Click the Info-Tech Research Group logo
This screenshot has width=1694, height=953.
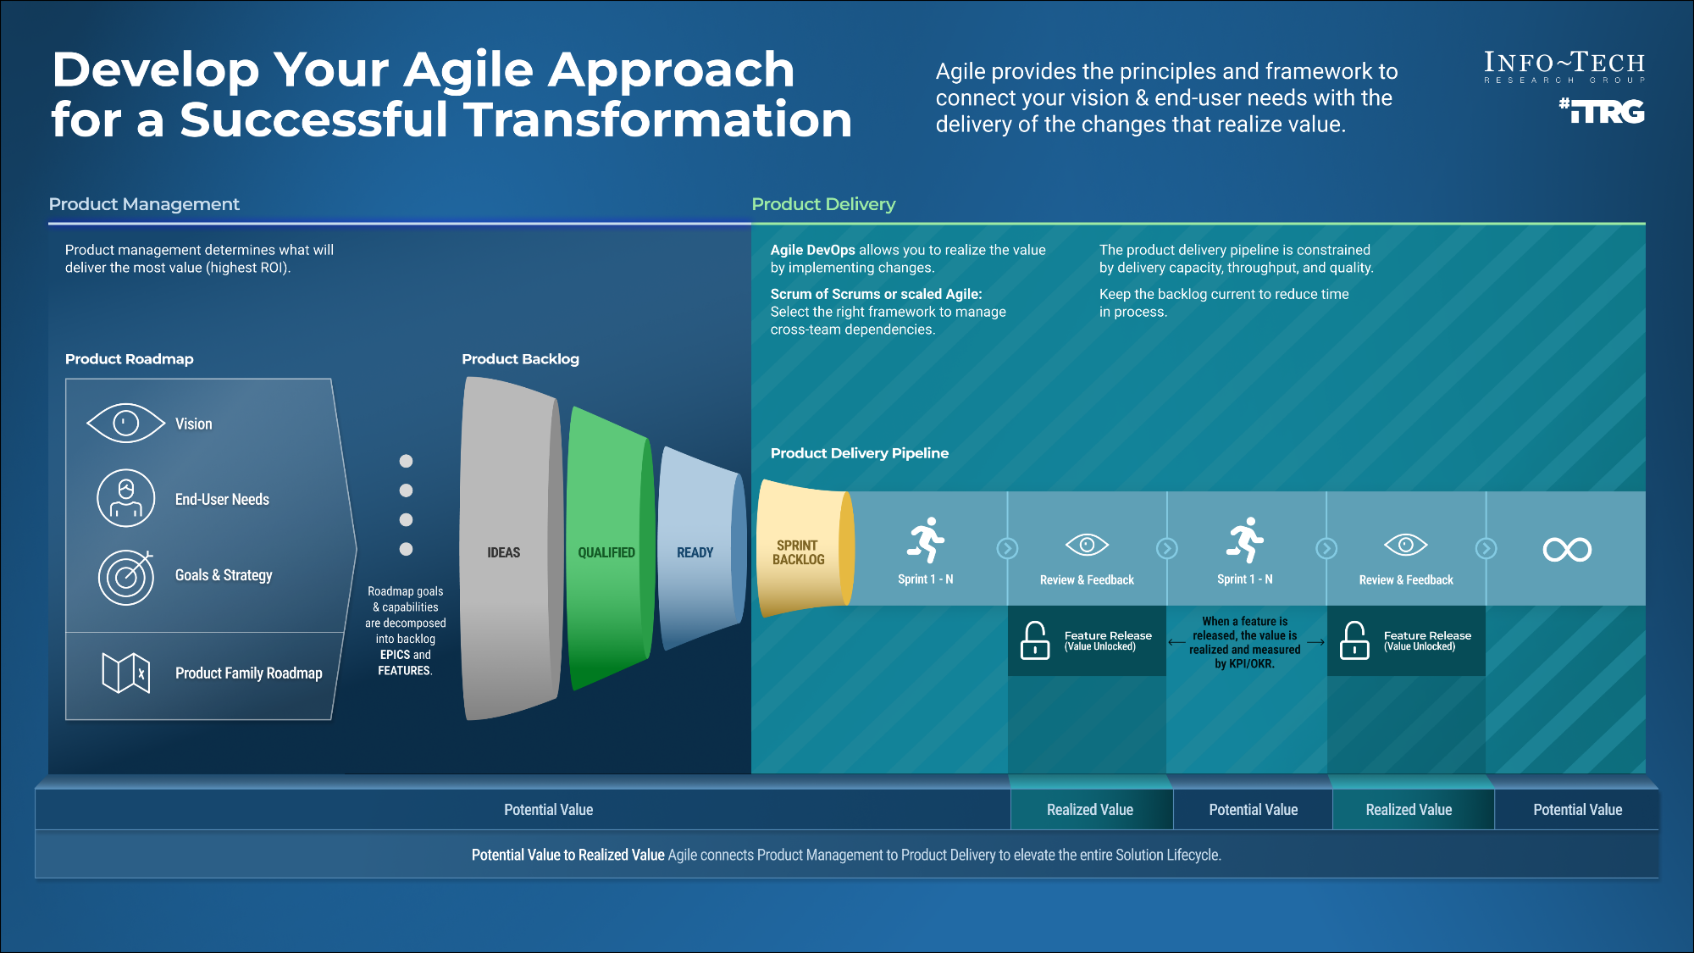(x=1564, y=67)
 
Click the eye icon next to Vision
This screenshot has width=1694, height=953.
(x=125, y=423)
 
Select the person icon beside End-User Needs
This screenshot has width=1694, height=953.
(x=126, y=498)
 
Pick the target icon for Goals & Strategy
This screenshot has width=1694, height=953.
(x=126, y=576)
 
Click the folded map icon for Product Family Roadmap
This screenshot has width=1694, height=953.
(x=126, y=673)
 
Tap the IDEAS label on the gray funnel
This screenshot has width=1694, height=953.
(x=503, y=552)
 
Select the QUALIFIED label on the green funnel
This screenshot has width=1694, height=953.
(x=606, y=552)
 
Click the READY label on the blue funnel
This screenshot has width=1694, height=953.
(x=695, y=552)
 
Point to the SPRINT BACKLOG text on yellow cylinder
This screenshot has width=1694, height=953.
(x=798, y=552)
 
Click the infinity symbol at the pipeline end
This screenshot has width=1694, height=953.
(x=1567, y=550)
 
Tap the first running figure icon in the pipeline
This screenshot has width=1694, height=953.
(x=926, y=540)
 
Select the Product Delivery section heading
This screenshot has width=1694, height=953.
(x=823, y=204)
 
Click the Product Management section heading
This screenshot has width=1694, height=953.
(x=144, y=204)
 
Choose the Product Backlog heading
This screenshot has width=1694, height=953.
(x=520, y=359)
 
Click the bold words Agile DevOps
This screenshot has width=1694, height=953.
(x=812, y=250)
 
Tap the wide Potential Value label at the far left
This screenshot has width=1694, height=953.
(x=548, y=810)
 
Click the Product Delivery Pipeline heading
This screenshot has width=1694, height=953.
(x=859, y=453)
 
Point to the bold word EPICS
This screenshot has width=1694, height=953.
(x=395, y=655)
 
